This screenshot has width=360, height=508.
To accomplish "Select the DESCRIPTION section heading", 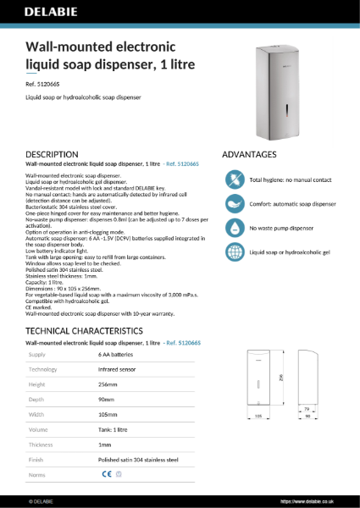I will tap(53, 155).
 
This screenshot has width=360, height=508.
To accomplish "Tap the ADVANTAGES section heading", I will tap(249, 155).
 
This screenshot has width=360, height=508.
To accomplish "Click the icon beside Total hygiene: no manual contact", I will tap(234, 180).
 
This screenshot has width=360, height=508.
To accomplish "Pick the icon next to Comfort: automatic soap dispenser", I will tap(234, 204).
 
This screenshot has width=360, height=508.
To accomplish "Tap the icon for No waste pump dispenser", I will tap(234, 228).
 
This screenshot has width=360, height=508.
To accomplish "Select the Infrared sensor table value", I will tap(118, 369).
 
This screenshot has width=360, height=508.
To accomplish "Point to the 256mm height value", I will tap(108, 384).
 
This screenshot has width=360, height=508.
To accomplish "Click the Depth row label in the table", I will tap(37, 400).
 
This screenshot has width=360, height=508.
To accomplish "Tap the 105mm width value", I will tap(108, 414).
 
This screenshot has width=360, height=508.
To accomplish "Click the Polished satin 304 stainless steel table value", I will tap(138, 459).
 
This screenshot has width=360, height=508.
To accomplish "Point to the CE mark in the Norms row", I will tap(106, 474).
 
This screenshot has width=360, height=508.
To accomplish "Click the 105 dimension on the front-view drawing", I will tap(259, 417).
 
